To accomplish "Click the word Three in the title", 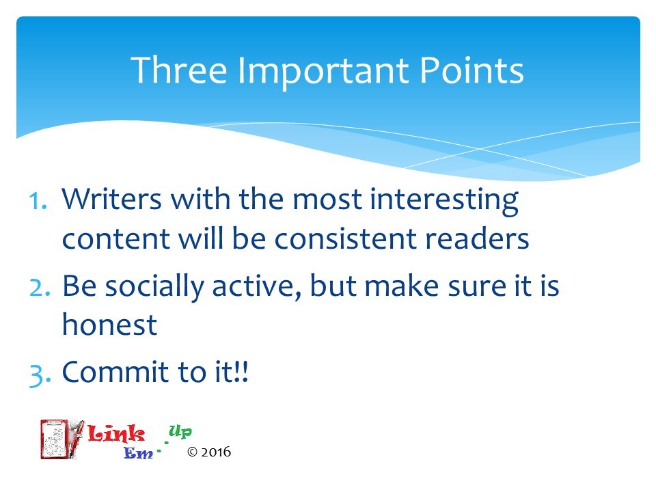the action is [179, 70].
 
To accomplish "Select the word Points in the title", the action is [471, 70].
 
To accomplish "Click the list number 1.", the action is [38, 201].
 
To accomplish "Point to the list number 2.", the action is [40, 288].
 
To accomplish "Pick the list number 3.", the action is [40, 374].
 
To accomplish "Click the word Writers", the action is [111, 199].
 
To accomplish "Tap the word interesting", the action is [444, 202].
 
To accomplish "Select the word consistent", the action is [345, 239].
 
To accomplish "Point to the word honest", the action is [109, 325].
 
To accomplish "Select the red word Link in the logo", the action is [116, 433].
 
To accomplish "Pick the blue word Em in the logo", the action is [139, 452].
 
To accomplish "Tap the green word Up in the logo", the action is [180, 431].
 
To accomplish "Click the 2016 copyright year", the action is [216, 452].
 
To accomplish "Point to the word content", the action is [115, 239].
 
